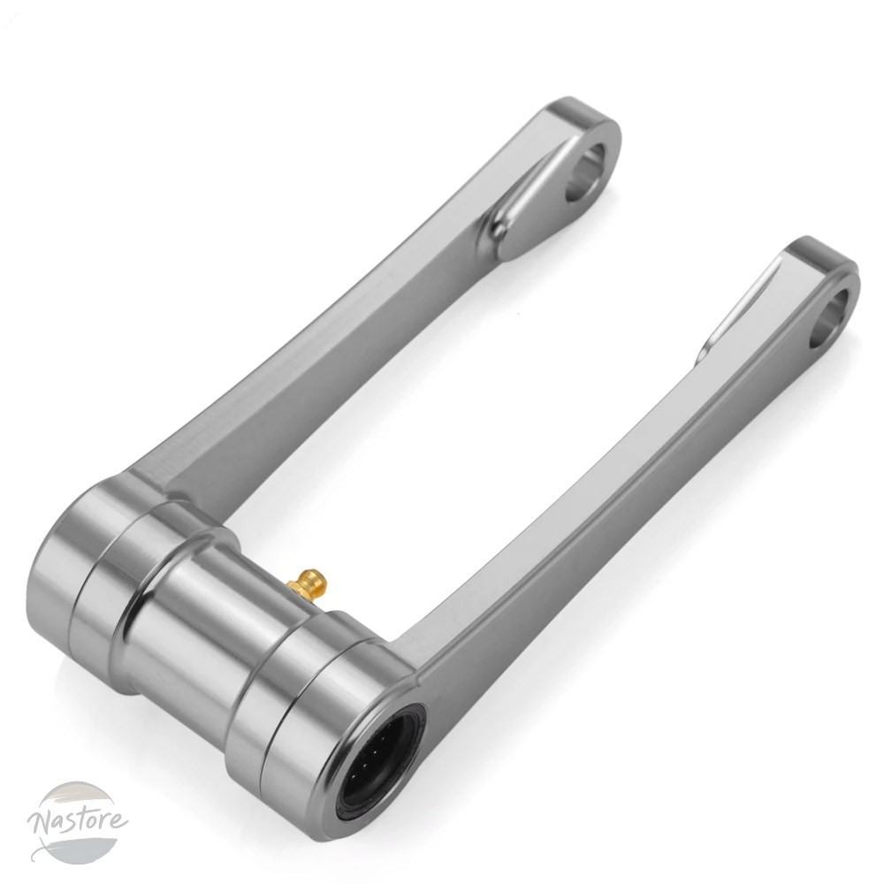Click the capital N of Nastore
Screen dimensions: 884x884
42,827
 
